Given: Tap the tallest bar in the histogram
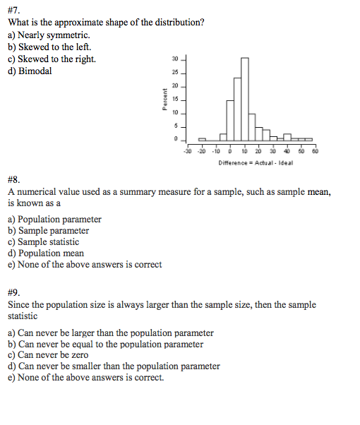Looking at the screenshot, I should coord(244,99).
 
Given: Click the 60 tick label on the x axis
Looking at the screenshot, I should coord(315,150).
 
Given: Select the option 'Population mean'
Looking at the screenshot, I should coord(46,253).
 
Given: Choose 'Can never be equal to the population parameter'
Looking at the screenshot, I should coord(106,344).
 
